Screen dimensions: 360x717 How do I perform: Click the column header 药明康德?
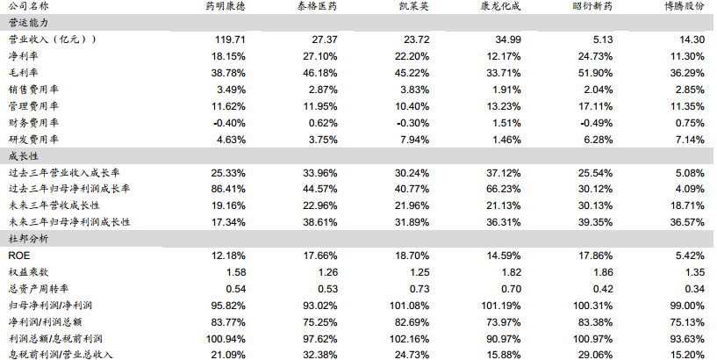coord(219,8)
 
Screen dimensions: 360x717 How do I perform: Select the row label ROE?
coord(18,256)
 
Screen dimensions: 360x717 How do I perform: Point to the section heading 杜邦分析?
coord(27,239)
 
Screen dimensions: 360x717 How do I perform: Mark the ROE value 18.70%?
coord(411,256)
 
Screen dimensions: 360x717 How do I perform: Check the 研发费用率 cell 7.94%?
coord(413,139)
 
